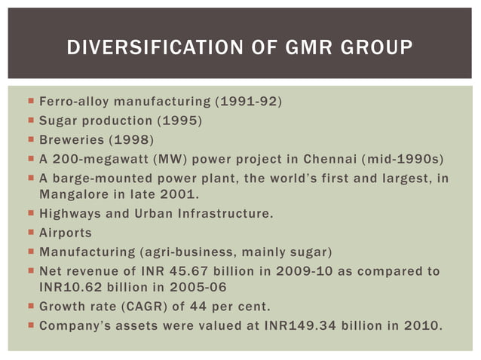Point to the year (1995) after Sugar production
[x=177, y=121]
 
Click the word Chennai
[x=329, y=160]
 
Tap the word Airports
[x=66, y=233]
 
